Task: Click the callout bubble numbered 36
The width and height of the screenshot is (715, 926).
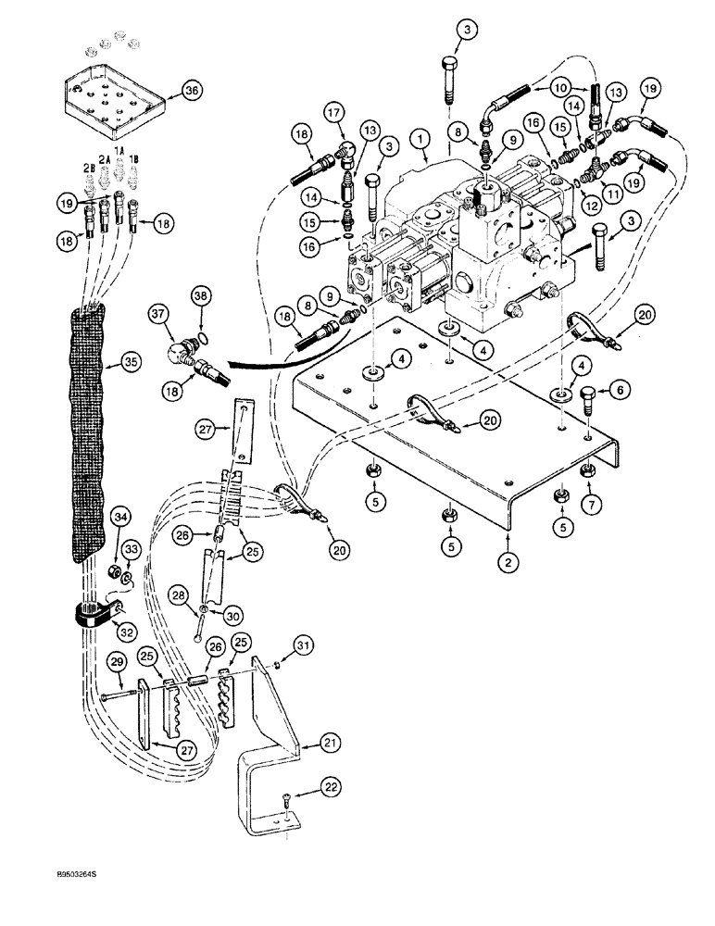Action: click(x=191, y=91)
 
